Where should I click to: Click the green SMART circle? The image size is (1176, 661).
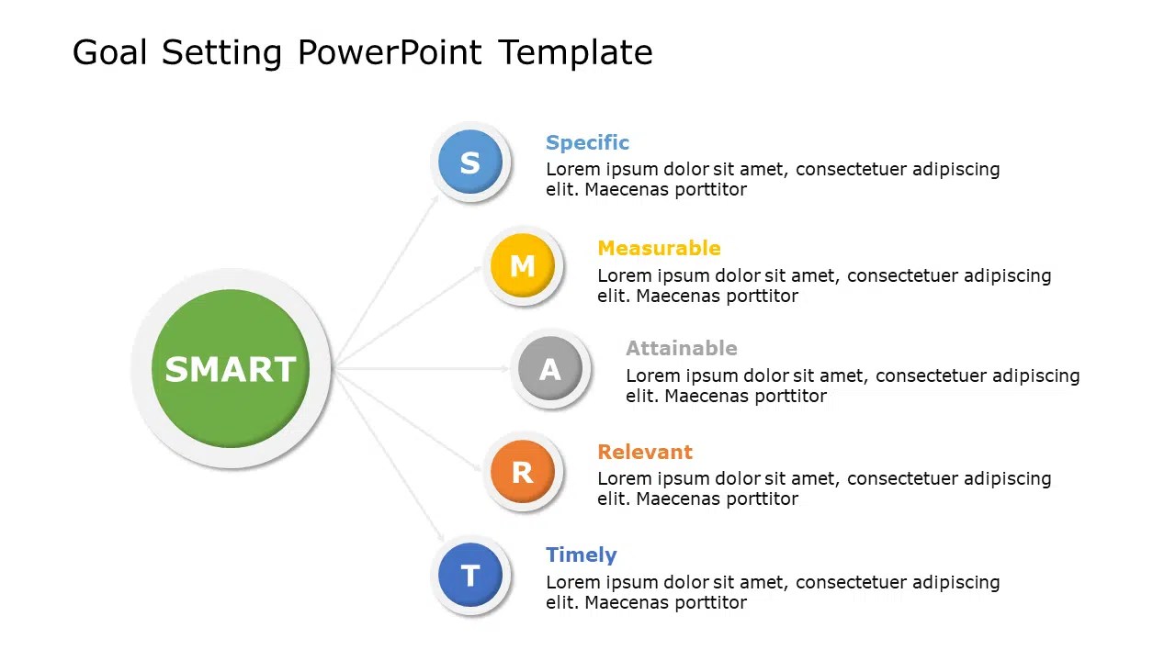[x=230, y=369]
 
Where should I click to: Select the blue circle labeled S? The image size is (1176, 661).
[x=469, y=162]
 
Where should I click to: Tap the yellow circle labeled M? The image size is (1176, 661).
[x=522, y=266]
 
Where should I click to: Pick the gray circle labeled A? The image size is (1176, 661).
[x=549, y=369]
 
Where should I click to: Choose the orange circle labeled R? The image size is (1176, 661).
[x=522, y=472]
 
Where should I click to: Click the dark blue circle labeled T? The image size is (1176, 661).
[x=469, y=576]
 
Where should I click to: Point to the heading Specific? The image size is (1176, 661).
[x=587, y=142]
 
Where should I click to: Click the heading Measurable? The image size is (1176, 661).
[x=659, y=248]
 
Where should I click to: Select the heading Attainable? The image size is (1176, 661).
[x=681, y=348]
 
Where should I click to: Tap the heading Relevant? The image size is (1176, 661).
[x=644, y=452]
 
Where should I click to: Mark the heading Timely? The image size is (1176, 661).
[x=581, y=555]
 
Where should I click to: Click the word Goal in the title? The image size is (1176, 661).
[x=109, y=52]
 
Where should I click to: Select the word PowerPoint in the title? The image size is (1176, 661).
[x=389, y=52]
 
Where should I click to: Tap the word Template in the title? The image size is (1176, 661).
[x=575, y=52]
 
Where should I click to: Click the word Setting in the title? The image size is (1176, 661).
[x=221, y=52]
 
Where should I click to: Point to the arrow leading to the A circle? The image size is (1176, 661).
[x=423, y=368]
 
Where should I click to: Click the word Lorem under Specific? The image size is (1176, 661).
[x=571, y=169]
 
